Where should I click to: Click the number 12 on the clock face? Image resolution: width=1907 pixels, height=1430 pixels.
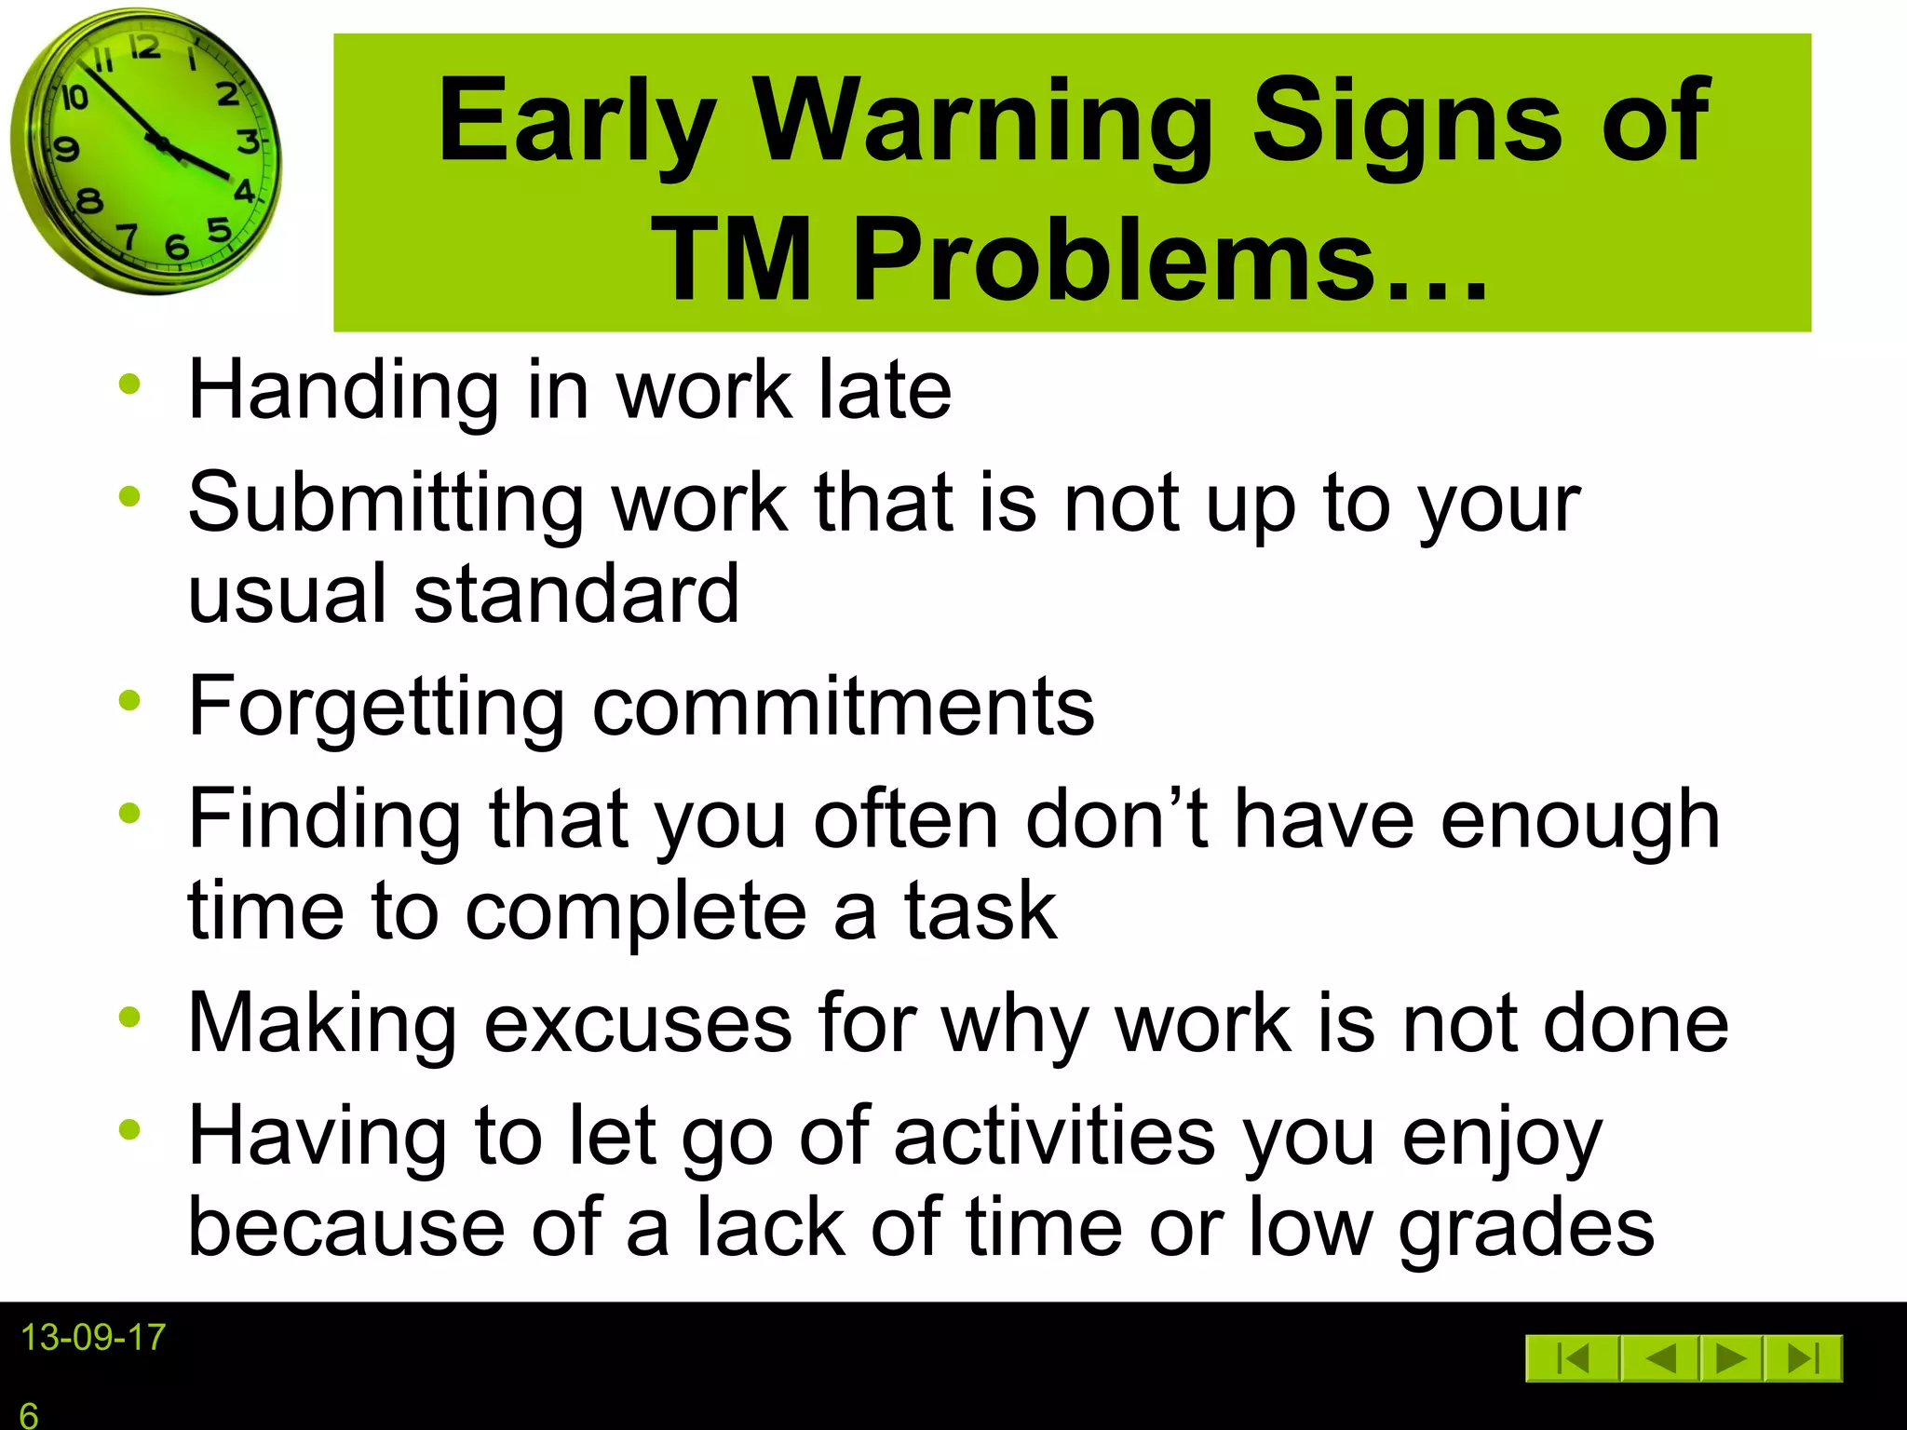[144, 48]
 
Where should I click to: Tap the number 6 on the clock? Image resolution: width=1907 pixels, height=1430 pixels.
[177, 248]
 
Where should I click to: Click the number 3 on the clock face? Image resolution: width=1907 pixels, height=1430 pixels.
[248, 142]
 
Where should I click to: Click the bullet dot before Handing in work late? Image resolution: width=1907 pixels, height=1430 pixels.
[129, 384]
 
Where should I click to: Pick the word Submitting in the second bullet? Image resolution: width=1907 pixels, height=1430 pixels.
[385, 503]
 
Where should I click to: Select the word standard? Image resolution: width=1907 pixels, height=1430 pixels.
[576, 594]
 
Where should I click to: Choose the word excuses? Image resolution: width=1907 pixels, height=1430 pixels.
[638, 1024]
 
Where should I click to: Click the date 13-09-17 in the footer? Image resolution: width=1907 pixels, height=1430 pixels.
[93, 1338]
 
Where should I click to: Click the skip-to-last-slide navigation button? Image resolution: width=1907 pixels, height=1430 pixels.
[1805, 1359]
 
